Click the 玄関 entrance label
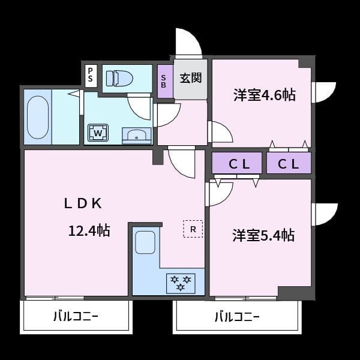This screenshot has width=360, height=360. click(x=191, y=78)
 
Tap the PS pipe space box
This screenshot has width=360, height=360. click(x=91, y=75)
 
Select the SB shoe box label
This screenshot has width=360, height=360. click(x=164, y=81)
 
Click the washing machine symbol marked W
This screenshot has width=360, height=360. click(x=98, y=132)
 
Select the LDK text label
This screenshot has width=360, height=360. click(x=83, y=203)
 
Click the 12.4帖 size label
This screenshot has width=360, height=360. click(x=88, y=230)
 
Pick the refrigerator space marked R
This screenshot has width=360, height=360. click(x=193, y=229)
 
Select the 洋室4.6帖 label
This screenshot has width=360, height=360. click(x=264, y=95)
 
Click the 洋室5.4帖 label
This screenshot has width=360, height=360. click(x=263, y=235)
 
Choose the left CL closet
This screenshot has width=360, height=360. click(x=236, y=163)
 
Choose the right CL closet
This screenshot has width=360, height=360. click(x=288, y=163)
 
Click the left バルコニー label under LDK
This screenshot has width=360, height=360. click(x=76, y=316)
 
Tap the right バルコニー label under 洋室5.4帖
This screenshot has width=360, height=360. click(x=236, y=316)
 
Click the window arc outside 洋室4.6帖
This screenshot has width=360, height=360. click(x=325, y=92)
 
